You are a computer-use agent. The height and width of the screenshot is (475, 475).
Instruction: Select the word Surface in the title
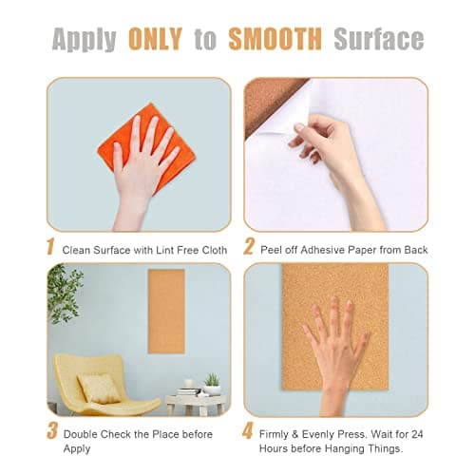pos(378,38)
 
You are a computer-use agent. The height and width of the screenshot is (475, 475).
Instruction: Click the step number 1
pos(50,248)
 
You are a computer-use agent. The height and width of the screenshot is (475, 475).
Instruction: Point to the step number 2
pos(249,248)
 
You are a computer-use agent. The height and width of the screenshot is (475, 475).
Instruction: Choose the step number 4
pos(249,432)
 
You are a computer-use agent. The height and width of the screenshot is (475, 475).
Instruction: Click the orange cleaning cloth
pos(133,147)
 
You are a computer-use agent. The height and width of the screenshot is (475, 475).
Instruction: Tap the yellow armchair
pos(101,385)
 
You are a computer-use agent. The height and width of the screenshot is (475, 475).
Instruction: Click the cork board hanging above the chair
pos(166,311)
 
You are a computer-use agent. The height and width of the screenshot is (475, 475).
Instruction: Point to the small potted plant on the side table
pos(211,381)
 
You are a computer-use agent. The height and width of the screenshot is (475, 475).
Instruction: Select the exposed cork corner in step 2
pos(263,100)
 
